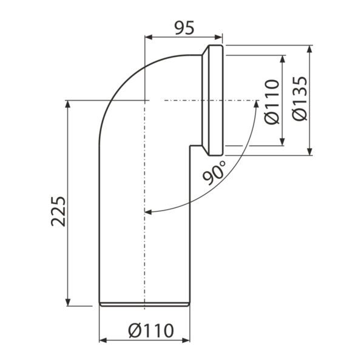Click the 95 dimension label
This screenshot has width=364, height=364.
point(184,28)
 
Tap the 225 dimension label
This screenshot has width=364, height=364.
point(58,211)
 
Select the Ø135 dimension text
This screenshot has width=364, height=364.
point(300,98)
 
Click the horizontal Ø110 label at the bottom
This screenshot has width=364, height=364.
point(151,331)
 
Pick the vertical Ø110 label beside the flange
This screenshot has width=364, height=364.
point(272,102)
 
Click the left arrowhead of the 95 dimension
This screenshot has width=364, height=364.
point(149,37)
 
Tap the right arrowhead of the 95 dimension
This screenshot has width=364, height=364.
point(218,37)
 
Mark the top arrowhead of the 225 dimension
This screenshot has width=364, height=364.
point(68,104)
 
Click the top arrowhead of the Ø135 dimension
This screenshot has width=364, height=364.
point(309,49)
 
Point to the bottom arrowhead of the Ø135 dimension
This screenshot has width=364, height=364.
point(309,152)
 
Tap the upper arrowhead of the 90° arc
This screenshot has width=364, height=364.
point(256,104)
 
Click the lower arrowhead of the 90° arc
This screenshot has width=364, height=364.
point(148,212)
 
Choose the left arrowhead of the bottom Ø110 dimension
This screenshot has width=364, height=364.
point(103,340)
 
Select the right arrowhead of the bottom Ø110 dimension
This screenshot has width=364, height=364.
point(186,340)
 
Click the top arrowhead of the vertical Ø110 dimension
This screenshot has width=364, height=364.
point(282,59)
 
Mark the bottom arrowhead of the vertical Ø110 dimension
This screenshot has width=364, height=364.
point(282,142)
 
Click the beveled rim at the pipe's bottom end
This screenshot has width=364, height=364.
point(144,305)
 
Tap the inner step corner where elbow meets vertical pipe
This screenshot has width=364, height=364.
point(190,146)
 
